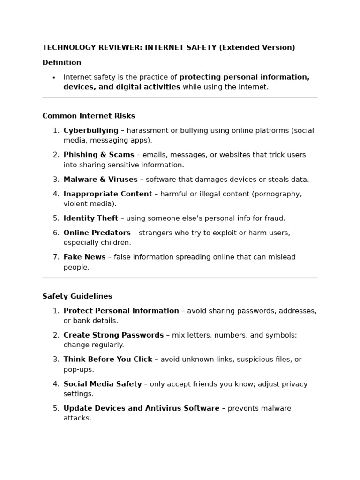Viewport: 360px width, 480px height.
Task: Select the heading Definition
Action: tap(61, 62)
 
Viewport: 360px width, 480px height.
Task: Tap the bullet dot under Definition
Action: tap(54, 78)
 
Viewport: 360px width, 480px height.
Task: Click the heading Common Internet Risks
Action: tap(89, 116)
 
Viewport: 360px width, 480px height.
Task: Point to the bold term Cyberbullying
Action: tap(91, 130)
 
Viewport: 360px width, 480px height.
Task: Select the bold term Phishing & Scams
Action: tap(99, 155)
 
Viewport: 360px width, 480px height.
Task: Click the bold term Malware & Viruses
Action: tap(100, 179)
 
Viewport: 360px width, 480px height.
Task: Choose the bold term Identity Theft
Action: tap(91, 218)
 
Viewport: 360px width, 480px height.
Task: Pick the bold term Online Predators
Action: tap(97, 232)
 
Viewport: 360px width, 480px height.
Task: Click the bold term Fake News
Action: tap(84, 257)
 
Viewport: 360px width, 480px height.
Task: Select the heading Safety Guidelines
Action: tap(77, 296)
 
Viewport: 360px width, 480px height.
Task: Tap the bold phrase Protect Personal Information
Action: tap(121, 311)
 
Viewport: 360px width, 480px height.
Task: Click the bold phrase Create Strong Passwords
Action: tap(113, 335)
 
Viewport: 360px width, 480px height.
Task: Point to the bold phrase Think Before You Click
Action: tap(108, 360)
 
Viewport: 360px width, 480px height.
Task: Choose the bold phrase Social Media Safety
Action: tap(102, 384)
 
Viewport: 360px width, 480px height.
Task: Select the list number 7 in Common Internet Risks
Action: tap(56, 257)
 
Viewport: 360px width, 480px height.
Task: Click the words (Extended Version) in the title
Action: tap(257, 47)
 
